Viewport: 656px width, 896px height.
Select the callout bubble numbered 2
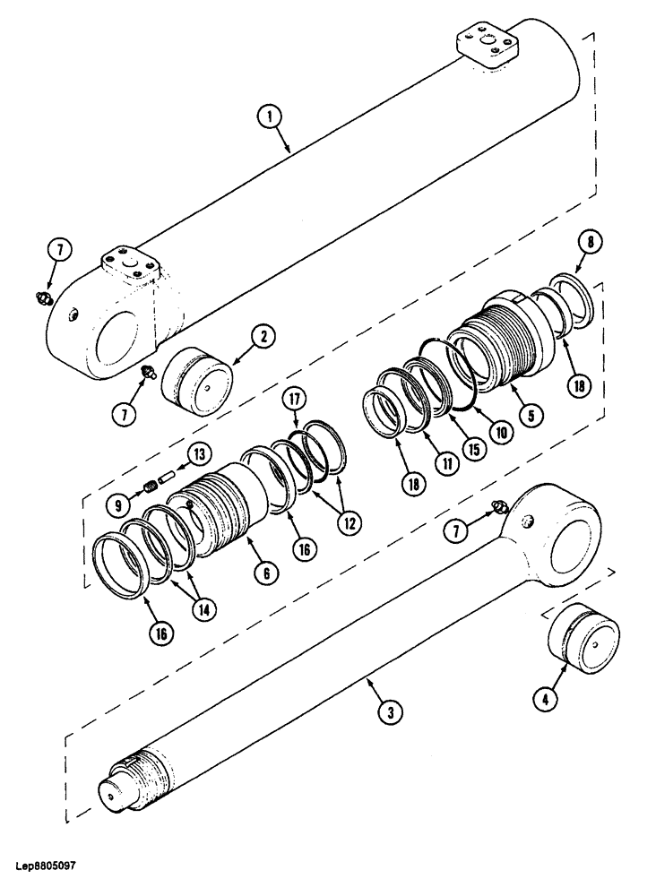(262, 338)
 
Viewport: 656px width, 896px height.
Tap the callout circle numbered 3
(387, 713)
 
